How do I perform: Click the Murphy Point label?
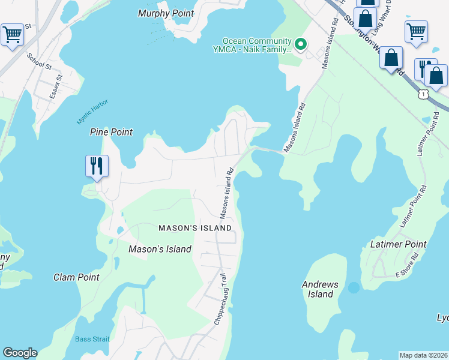pos(166,13)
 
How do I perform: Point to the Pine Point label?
pos(111,132)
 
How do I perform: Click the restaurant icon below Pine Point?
pos(97,166)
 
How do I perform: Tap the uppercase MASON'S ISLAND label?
pos(195,229)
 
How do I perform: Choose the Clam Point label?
pos(76,277)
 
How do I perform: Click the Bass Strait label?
pos(92,339)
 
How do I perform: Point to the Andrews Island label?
pos(321,289)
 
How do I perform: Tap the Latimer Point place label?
pos(398,244)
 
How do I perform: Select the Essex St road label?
pos(56,86)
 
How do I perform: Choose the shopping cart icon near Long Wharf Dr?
pos(416,31)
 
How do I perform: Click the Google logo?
pos(20,353)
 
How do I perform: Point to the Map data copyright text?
pos(423,355)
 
